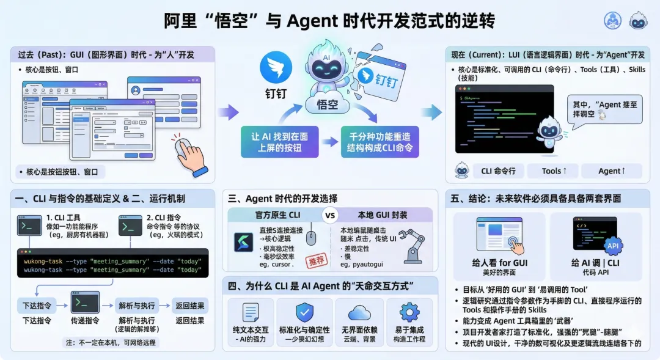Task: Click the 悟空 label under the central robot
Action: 328,105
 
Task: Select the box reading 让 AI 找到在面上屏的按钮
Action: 279,142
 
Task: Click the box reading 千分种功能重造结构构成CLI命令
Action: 380,142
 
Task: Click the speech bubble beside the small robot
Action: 604,110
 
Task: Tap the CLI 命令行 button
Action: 498,171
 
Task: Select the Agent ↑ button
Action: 612,171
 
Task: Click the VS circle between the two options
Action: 330,216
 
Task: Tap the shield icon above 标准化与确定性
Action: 304,312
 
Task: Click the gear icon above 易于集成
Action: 409,312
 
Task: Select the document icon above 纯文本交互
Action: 251,312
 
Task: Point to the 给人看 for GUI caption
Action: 500,263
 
